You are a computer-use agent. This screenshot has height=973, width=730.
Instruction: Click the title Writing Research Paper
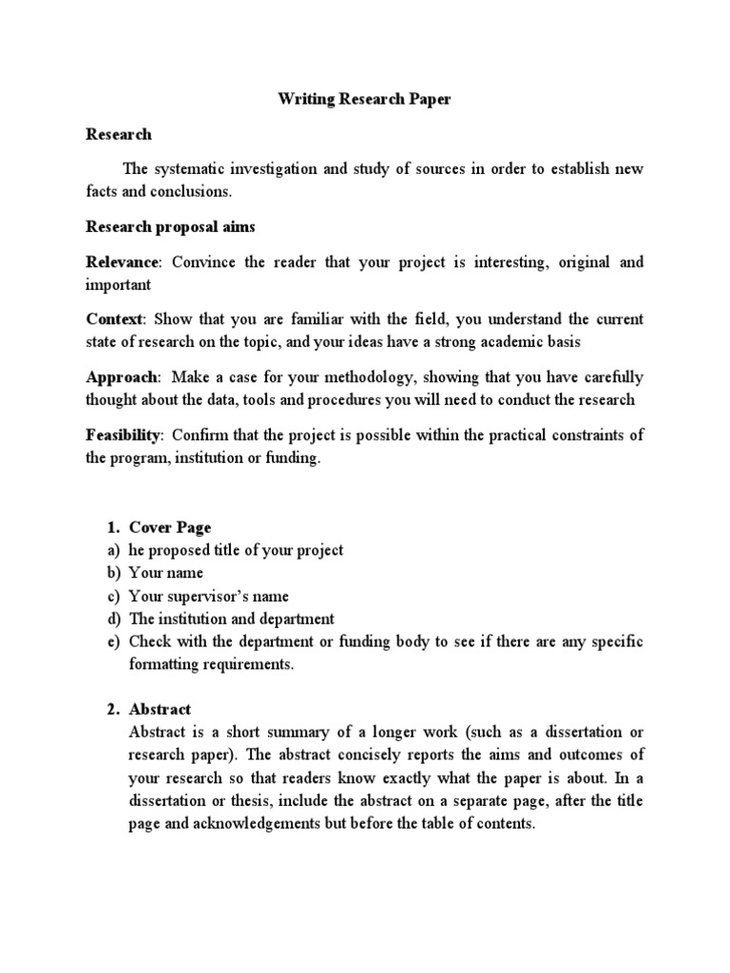[x=364, y=99]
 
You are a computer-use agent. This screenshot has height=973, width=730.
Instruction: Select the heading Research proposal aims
[x=170, y=227]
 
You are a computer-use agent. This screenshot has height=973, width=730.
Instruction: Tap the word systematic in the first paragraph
[x=190, y=169]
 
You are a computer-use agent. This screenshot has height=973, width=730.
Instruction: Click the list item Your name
[x=165, y=573]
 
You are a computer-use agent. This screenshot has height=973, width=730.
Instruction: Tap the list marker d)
[x=109, y=619]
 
